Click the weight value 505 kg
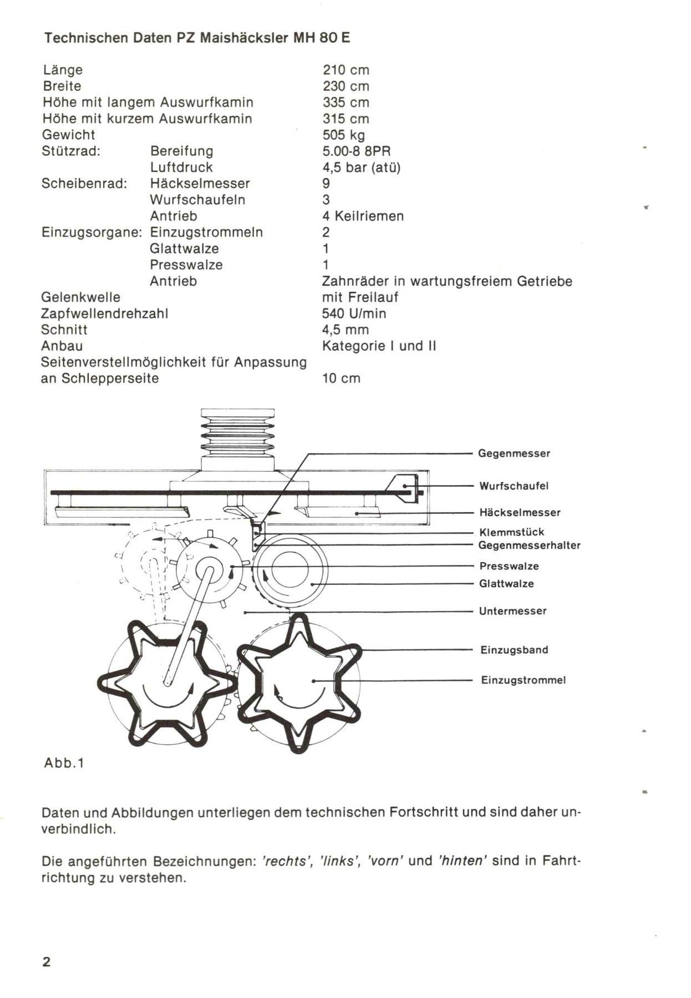(x=343, y=135)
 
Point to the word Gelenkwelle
(x=81, y=298)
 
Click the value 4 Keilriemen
(x=363, y=216)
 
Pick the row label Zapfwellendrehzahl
(x=105, y=314)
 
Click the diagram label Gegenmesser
(x=514, y=454)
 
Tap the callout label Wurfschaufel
(x=514, y=486)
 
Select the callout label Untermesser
(x=512, y=611)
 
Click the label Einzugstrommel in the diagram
(x=523, y=680)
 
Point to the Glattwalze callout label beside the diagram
(x=506, y=584)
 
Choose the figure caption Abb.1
(x=64, y=763)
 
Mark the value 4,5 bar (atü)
(x=361, y=167)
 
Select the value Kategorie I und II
(x=379, y=346)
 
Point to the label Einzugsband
(x=514, y=650)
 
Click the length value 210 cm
(x=345, y=70)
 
